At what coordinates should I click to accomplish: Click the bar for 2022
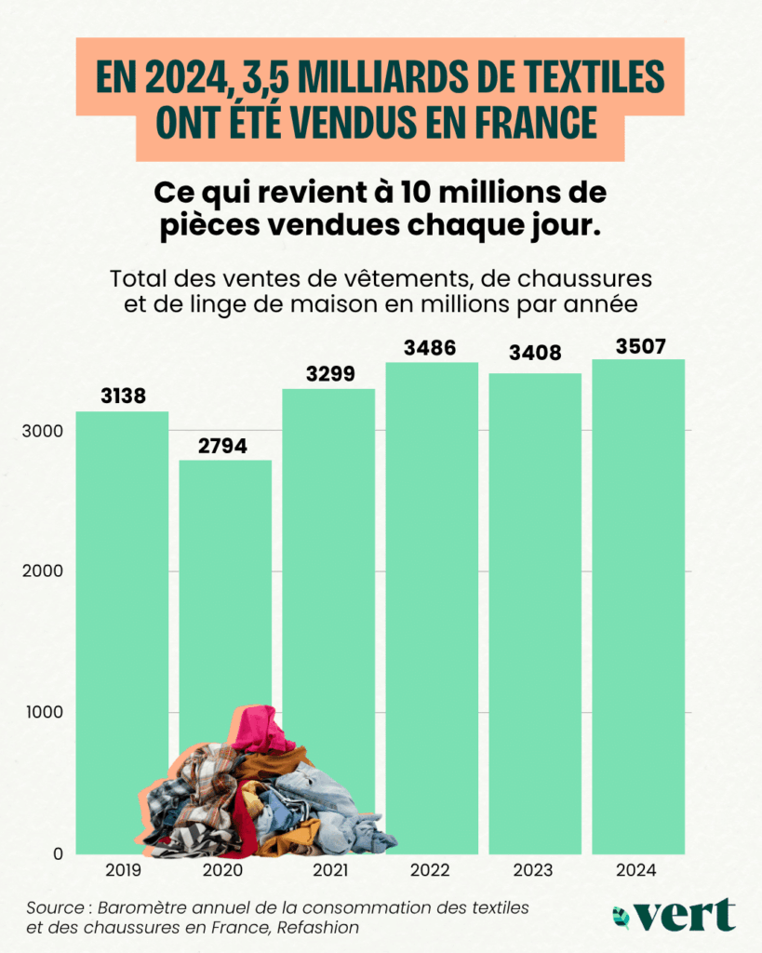[x=432, y=605]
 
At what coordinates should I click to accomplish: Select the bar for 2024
[x=638, y=605]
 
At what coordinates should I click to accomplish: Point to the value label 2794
[x=223, y=446]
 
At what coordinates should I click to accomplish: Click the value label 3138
[x=122, y=397]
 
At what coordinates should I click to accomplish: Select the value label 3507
[x=639, y=345]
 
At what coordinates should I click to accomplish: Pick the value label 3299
[x=328, y=374]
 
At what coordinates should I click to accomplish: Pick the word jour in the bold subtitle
[x=561, y=228]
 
